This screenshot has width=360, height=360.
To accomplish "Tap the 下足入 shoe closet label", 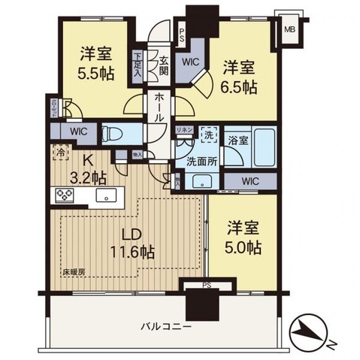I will [x=138, y=59].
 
